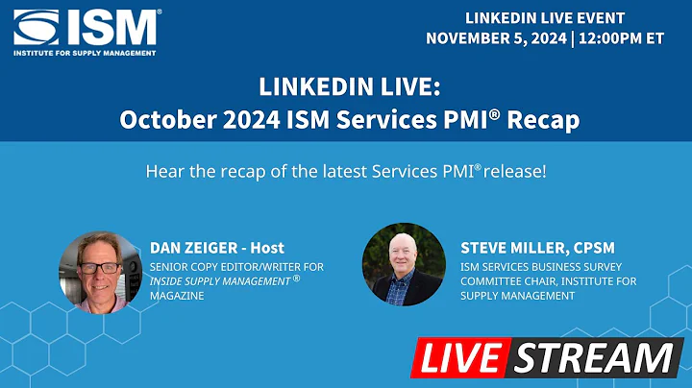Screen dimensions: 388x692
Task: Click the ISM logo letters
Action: [x=111, y=27]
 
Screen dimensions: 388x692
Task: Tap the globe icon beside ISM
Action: [x=37, y=27]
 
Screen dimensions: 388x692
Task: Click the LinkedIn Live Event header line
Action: [x=545, y=18]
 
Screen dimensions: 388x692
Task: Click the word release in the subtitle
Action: [x=518, y=173]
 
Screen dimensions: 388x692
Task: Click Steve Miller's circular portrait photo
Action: [x=403, y=264]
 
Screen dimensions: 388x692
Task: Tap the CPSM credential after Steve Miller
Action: [x=595, y=249]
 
